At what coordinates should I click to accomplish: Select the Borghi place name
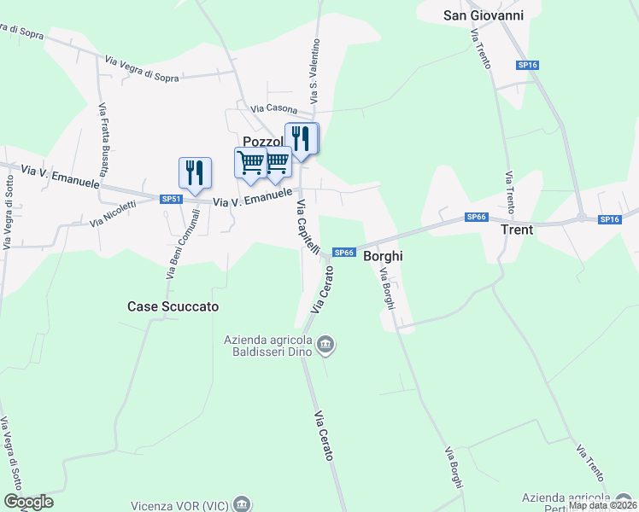click(x=383, y=255)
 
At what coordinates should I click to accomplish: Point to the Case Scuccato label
click(x=173, y=305)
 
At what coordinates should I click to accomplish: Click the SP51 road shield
click(x=172, y=199)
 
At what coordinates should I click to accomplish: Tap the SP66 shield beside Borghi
click(x=343, y=252)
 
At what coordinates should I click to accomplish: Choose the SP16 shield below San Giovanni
click(x=527, y=65)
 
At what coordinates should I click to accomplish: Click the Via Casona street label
click(x=273, y=109)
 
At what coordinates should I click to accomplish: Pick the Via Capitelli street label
click(x=308, y=227)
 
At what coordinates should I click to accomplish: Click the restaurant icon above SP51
click(x=195, y=172)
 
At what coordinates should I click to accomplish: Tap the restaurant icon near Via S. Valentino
click(x=302, y=137)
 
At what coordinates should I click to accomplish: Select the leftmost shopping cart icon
click(x=250, y=162)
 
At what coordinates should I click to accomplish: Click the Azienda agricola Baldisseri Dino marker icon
click(x=325, y=346)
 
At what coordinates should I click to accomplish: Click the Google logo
click(x=28, y=502)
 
